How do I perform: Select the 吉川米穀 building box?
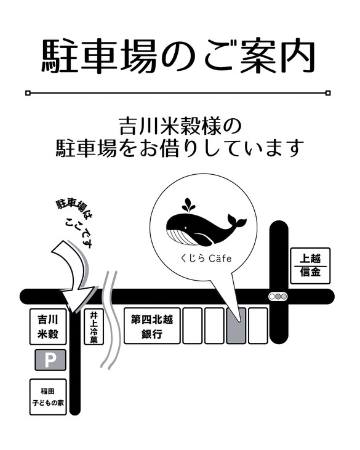(x=48, y=327)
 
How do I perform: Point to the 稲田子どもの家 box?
(x=48, y=396)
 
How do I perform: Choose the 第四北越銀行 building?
(x=151, y=326)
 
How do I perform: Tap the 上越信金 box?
(x=310, y=265)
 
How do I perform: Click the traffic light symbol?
(x=278, y=297)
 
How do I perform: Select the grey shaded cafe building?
(x=236, y=325)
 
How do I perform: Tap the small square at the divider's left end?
(x=28, y=93)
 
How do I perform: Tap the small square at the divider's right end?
(x=328, y=93)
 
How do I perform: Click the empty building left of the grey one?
(x=214, y=325)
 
